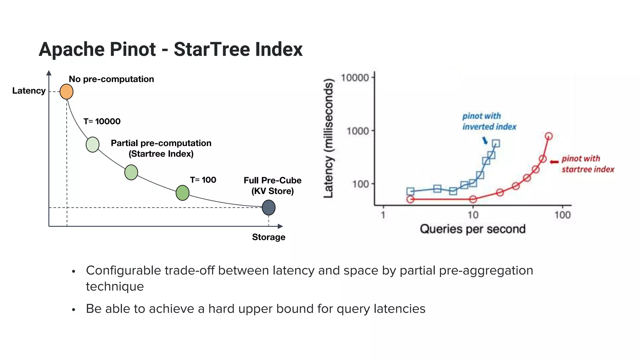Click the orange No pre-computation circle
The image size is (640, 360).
coord(66,92)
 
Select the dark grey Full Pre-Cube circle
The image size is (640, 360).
coord(268,207)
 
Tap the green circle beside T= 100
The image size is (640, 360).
coord(182,193)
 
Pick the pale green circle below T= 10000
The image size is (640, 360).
coord(92,144)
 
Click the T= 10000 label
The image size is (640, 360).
coord(102,121)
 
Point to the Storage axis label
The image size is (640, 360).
coord(268,237)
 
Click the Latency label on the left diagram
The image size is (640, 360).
coord(29,91)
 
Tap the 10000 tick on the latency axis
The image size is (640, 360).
coord(355,77)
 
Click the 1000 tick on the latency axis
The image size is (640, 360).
coord(357,131)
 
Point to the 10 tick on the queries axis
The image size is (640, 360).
coord(473,215)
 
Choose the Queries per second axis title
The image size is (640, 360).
coord(472,229)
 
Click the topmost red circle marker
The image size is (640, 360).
coord(549,136)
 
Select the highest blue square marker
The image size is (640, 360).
coord(496,143)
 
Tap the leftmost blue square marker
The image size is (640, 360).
coord(410,191)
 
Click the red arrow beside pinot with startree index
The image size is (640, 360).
coord(554,162)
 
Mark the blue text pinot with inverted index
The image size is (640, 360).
coord(489,121)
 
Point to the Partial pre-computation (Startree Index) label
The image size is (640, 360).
coord(161,148)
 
